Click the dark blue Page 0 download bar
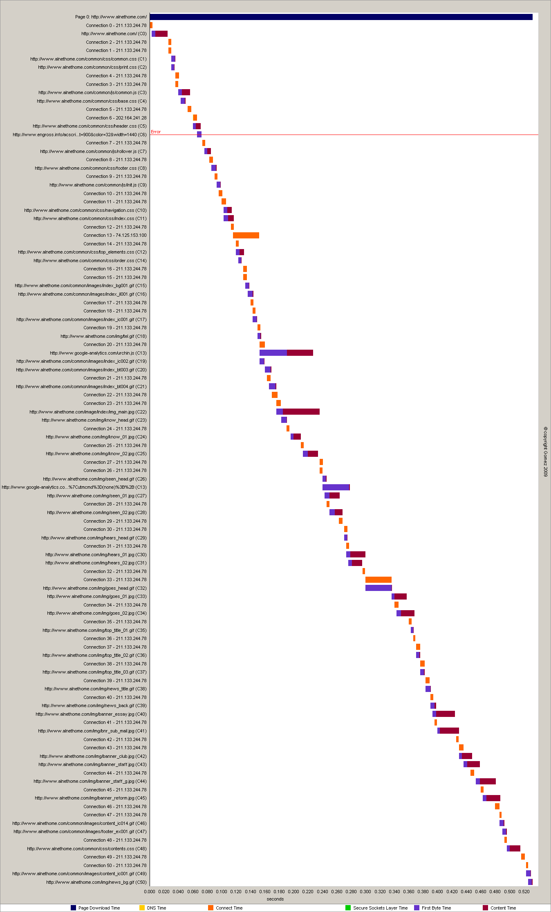click(x=341, y=17)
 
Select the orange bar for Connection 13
click(x=246, y=235)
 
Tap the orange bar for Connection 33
click(x=378, y=580)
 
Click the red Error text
click(x=156, y=132)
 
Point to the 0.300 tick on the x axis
click(x=365, y=892)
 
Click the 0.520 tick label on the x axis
click(x=524, y=892)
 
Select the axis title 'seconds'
click(x=275, y=899)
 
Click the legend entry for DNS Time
click(x=156, y=908)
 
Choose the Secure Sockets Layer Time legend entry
click(x=380, y=908)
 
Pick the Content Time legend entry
click(x=503, y=908)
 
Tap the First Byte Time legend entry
click(x=436, y=908)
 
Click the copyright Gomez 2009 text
click(x=545, y=452)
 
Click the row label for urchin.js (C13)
click(x=98, y=353)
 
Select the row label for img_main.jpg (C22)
click(x=88, y=412)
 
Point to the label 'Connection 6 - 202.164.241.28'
click(x=116, y=118)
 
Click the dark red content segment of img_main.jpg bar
click(x=301, y=411)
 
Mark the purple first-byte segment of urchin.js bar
click(x=273, y=353)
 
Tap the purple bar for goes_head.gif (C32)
click(x=378, y=588)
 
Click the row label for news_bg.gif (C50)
click(x=96, y=882)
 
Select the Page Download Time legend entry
click(x=99, y=908)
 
